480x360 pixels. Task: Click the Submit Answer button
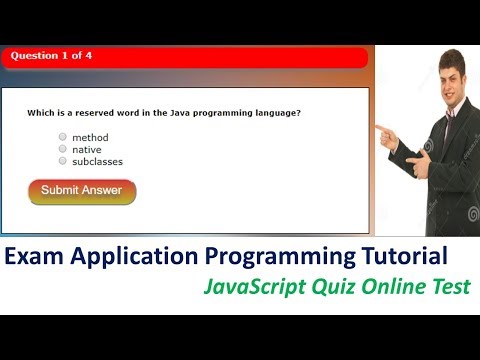click(x=82, y=191)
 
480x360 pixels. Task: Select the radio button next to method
click(x=63, y=137)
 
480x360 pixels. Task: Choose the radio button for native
click(x=63, y=149)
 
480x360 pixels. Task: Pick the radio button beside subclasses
click(x=63, y=160)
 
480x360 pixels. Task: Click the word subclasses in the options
click(x=98, y=160)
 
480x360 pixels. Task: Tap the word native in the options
click(x=87, y=149)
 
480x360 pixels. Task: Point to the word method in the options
click(x=90, y=137)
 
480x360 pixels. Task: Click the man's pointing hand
click(x=384, y=129)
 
